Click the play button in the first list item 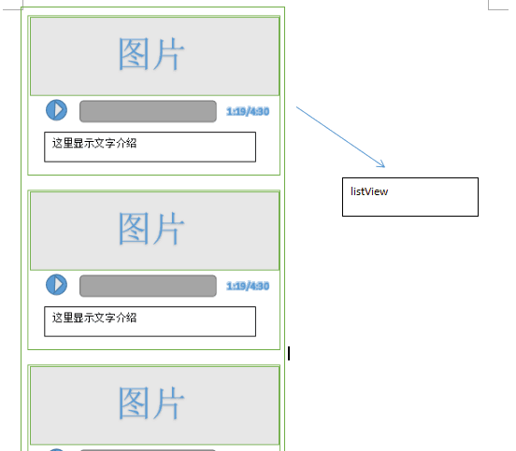(56, 110)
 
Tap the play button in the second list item (56, 285)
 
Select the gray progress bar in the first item (148, 111)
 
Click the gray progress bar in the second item (148, 286)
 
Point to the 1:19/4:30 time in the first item (248, 112)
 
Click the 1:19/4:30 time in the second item (248, 287)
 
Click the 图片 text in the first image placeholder (151, 54)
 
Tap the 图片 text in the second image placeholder (151, 229)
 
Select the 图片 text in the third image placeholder (151, 403)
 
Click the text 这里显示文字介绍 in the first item (94, 143)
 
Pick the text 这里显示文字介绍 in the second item (94, 317)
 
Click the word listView (369, 191)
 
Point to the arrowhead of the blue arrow (384, 167)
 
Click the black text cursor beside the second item (289, 354)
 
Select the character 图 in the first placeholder (134, 54)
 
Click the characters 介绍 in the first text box (126, 143)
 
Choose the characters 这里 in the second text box (63, 317)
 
